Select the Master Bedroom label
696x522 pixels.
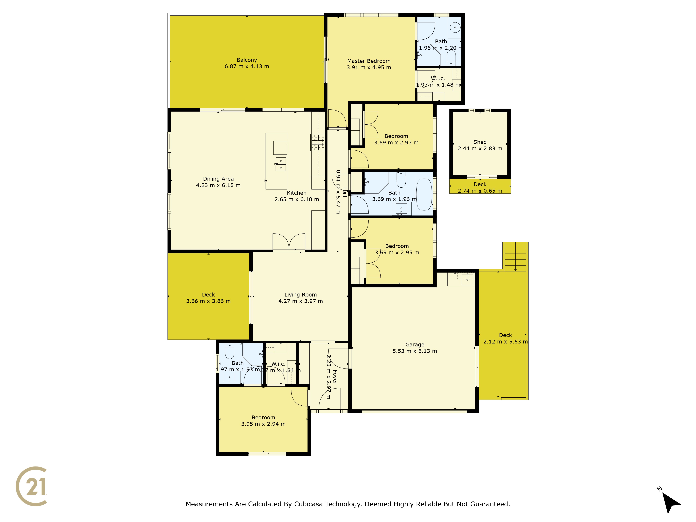(369, 61)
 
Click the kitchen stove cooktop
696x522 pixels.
(318, 143)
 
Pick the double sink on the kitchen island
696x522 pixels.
(281, 164)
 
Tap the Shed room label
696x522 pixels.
(480, 142)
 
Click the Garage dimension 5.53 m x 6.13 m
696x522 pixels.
(415, 351)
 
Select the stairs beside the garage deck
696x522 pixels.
(515, 256)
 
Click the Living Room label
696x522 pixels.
(300, 295)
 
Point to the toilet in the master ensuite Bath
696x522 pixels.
(451, 58)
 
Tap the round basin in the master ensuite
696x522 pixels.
(455, 27)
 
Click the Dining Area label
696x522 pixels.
(218, 179)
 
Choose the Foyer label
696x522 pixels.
(335, 377)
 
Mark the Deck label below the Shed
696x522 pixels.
(480, 184)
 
